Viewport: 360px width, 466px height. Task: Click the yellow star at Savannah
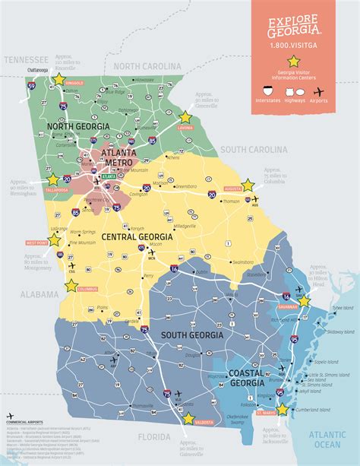(305, 301)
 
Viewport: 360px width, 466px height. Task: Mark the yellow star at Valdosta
(188, 417)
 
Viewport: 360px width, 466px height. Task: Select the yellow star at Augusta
(248, 185)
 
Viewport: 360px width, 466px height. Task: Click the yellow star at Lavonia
(185, 118)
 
